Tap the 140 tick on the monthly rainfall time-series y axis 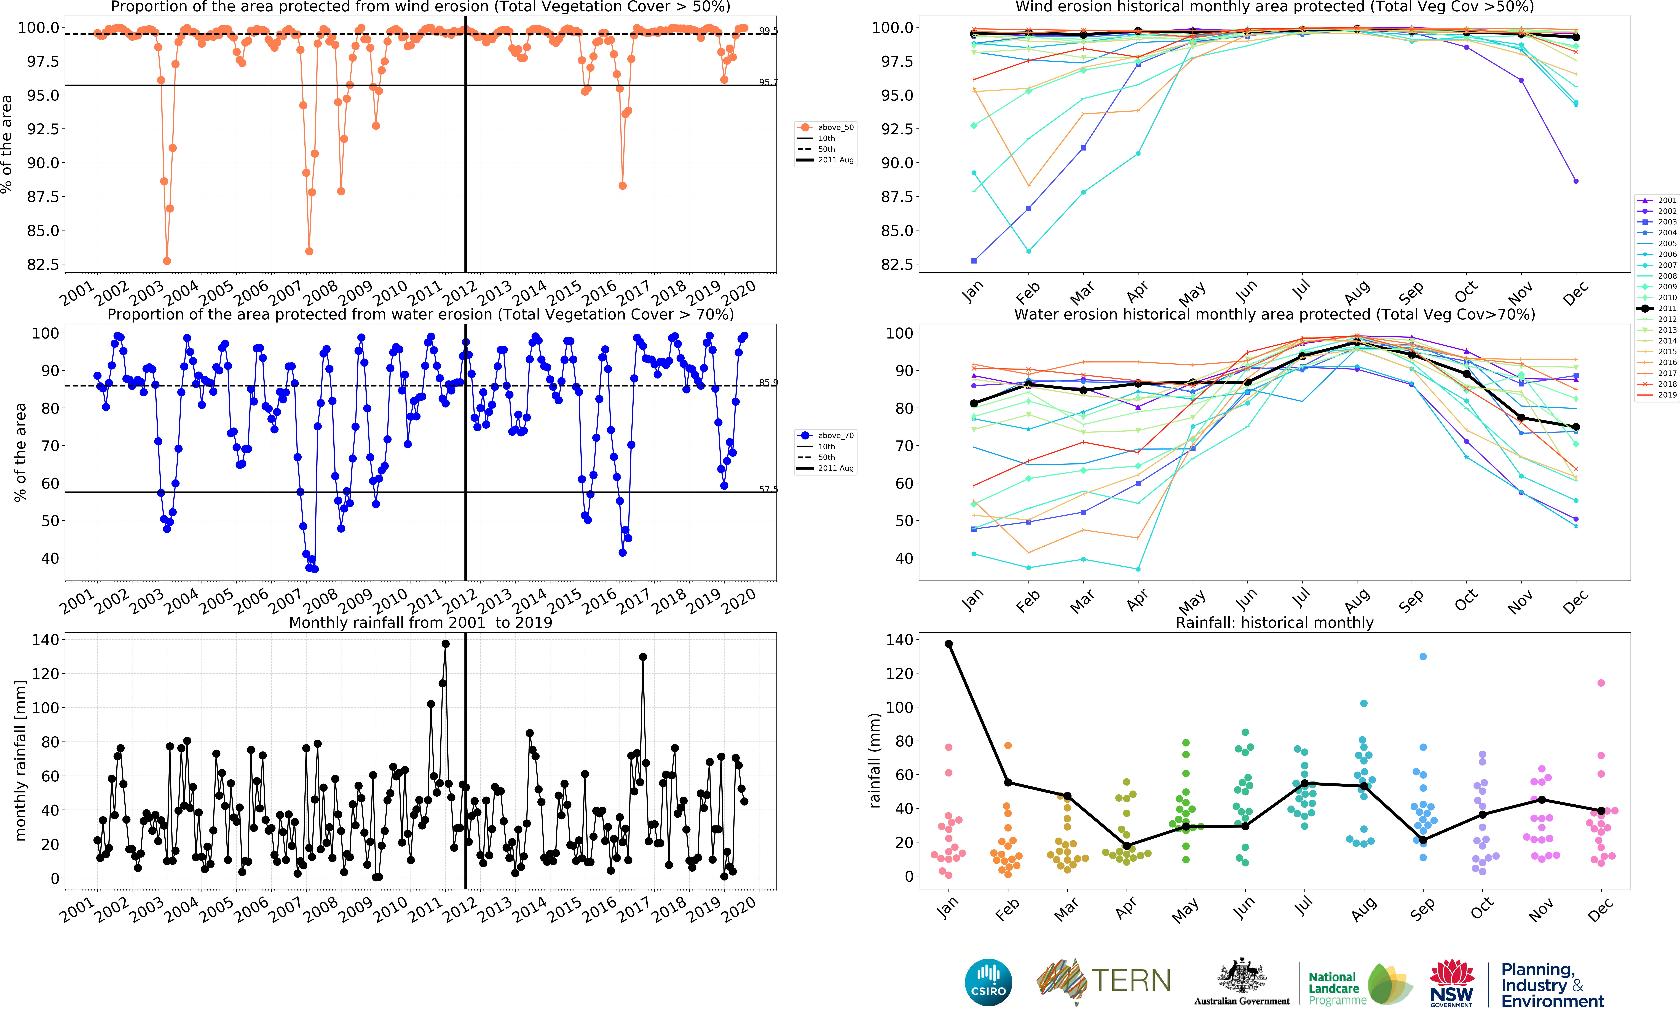tap(46, 640)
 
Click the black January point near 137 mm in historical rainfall tap(948, 644)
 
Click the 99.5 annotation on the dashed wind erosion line tap(768, 31)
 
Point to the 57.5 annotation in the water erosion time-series tap(768, 489)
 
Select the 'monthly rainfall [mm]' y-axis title tap(20, 760)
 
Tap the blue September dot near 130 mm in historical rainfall tap(1423, 657)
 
